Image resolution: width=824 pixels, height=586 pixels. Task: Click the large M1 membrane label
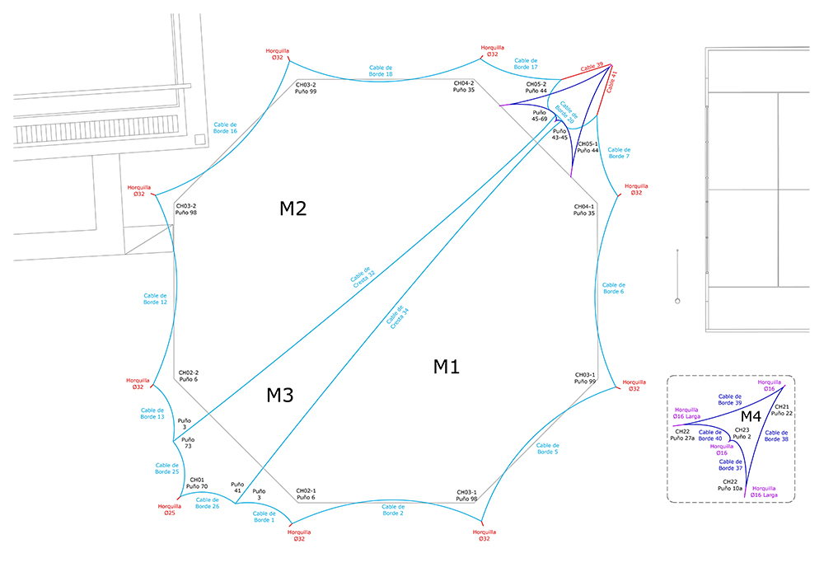click(446, 367)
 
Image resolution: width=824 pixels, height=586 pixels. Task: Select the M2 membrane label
click(293, 209)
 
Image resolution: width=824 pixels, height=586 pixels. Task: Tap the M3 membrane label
click(280, 396)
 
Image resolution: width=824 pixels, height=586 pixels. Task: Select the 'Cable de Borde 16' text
click(223, 126)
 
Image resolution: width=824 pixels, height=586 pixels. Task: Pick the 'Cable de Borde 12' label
click(155, 298)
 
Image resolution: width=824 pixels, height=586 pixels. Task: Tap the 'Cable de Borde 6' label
click(613, 287)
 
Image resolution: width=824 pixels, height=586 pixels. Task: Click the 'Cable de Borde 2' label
click(393, 510)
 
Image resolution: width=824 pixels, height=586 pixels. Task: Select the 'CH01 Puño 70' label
click(198, 484)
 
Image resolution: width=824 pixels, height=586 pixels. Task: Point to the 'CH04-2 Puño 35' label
click(464, 86)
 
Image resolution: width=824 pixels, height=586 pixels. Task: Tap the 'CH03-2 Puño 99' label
click(306, 87)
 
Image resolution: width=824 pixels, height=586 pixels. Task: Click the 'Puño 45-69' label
click(540, 116)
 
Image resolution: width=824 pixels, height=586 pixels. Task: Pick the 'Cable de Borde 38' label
click(775, 435)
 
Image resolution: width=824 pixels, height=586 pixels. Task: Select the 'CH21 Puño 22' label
click(781, 410)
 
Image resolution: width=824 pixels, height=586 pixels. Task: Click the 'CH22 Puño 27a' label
click(683, 434)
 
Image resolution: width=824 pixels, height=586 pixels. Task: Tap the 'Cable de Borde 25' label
click(166, 468)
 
